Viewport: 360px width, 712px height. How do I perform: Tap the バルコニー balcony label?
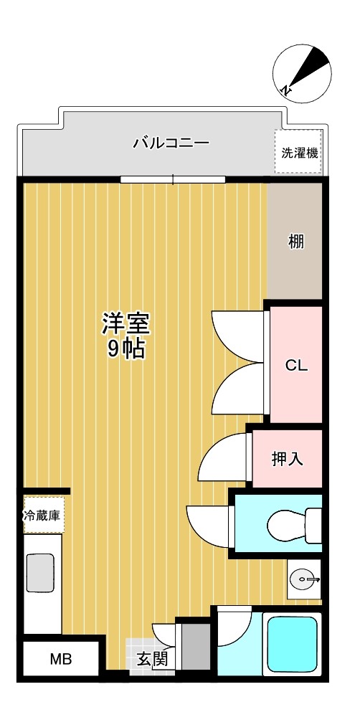click(x=171, y=143)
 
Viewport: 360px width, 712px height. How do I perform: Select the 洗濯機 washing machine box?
click(x=298, y=152)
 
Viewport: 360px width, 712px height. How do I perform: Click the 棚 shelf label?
click(x=295, y=242)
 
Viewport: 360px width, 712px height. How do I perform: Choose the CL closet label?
click(x=295, y=365)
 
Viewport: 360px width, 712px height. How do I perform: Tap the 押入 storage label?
click(x=287, y=459)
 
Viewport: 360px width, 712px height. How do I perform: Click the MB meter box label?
click(x=60, y=659)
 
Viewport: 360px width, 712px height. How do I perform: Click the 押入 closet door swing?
click(x=222, y=459)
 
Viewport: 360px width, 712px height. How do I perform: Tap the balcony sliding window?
click(x=173, y=179)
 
